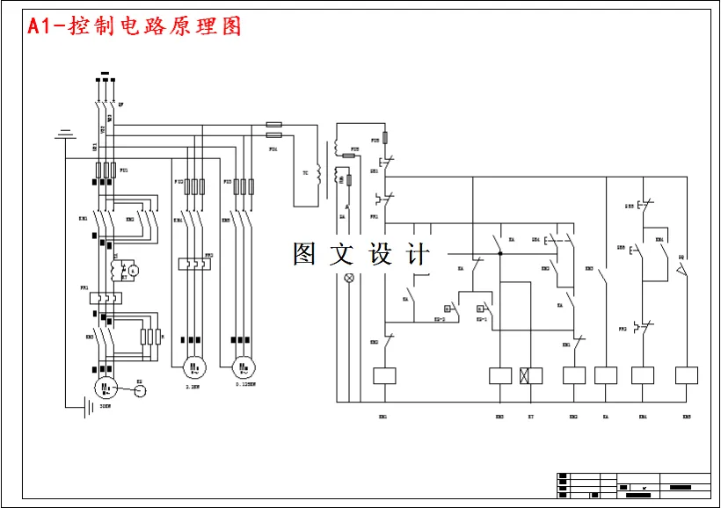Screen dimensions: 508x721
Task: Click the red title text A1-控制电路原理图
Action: pyautogui.click(x=135, y=26)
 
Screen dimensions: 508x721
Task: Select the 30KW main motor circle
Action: pyautogui.click(x=106, y=387)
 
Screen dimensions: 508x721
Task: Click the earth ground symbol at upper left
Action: pyautogui.click(x=63, y=134)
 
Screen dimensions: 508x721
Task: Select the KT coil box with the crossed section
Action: pyautogui.click(x=531, y=376)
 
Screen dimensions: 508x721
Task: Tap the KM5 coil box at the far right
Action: pyautogui.click(x=686, y=376)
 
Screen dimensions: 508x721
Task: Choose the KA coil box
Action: pyautogui.click(x=606, y=376)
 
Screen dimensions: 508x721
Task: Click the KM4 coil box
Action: pyautogui.click(x=643, y=376)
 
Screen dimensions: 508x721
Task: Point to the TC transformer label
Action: pyautogui.click(x=305, y=173)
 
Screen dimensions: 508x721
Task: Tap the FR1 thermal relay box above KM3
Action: pyautogui.click(x=106, y=299)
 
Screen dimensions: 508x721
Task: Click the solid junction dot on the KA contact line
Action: pyautogui.click(x=500, y=254)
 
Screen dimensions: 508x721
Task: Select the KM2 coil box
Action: pyautogui.click(x=574, y=376)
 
